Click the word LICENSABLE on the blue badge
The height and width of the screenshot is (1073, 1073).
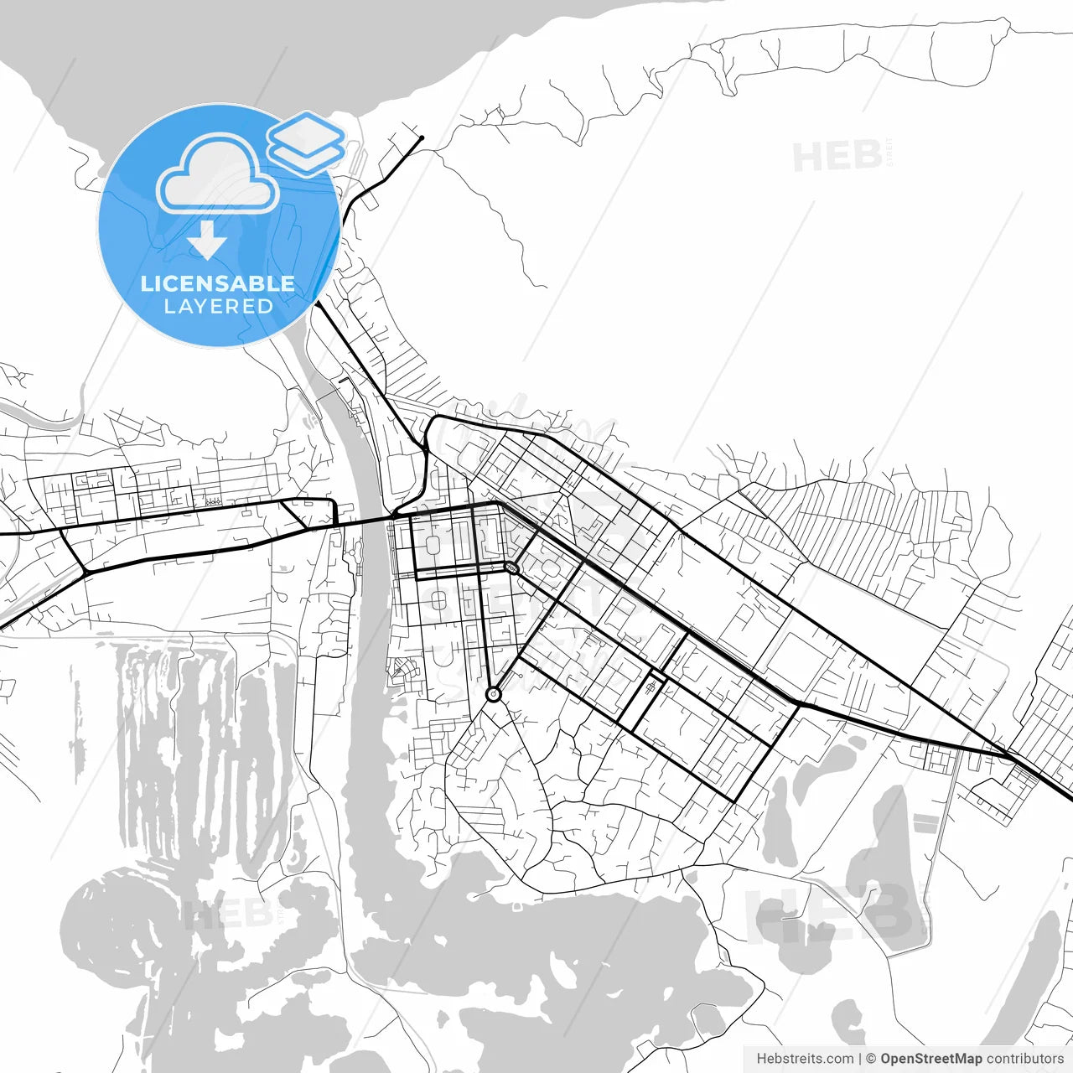pos(218,283)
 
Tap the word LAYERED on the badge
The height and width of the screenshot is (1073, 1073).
pos(218,307)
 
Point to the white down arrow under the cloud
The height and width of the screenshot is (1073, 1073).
pos(207,241)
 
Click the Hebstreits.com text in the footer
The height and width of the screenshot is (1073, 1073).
pos(805,1059)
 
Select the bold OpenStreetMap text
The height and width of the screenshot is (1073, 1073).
pos(931,1059)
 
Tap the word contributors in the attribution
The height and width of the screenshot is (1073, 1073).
pos(1025,1059)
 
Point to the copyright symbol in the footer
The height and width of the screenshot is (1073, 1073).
pos(871,1059)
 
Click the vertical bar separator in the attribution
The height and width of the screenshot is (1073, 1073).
pos(860,1059)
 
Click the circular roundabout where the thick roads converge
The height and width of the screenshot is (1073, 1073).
pos(494,694)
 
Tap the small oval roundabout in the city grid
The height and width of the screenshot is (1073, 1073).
pos(511,568)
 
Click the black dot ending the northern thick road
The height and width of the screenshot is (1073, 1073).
pos(422,137)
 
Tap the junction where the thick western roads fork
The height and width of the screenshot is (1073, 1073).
pos(85,572)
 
